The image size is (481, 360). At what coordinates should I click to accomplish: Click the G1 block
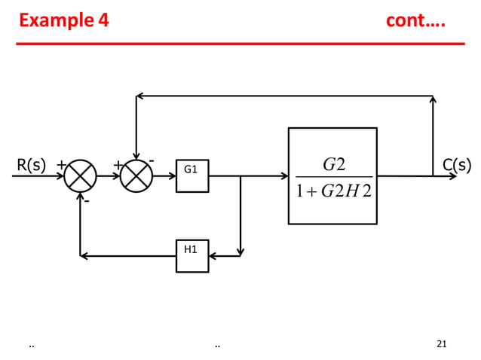pos(192,175)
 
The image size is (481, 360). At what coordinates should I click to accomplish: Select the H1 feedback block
pos(192,255)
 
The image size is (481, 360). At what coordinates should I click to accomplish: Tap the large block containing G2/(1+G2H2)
pos(332,175)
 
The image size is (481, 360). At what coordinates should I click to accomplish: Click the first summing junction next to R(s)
pos(80,176)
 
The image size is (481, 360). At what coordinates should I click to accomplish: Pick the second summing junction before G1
pos(136,176)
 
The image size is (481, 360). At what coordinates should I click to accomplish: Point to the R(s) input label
pos(31,165)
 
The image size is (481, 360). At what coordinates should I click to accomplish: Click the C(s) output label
pos(457,165)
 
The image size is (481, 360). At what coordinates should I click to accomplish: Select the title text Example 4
pos(64,20)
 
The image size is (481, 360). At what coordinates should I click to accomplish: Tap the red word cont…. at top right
pos(415,20)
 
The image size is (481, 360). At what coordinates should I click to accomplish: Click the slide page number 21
pos(442,344)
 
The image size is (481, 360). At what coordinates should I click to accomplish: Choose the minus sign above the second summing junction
pos(152,160)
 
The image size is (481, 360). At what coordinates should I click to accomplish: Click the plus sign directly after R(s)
pos(60,164)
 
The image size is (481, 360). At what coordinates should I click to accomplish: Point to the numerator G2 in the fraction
pos(333,164)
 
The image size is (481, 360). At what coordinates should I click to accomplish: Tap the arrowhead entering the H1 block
pos(213,256)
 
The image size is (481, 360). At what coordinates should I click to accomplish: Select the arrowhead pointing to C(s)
pos(452,176)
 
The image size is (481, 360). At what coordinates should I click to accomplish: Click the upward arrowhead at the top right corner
pos(433,99)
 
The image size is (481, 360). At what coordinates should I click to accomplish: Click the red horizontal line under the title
pos(240,44)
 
